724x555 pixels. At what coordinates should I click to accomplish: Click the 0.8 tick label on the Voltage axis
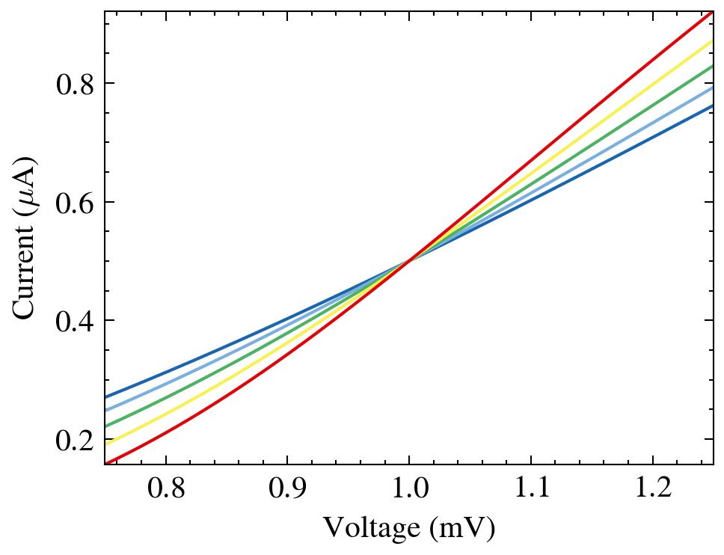(165, 490)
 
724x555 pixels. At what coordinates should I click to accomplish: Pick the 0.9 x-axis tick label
(287, 490)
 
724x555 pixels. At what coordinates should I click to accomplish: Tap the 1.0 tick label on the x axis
(409, 490)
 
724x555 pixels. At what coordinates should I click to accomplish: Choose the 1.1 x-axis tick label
(531, 490)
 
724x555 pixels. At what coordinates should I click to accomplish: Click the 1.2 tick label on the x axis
(652, 490)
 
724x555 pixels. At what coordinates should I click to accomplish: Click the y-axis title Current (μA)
(25, 238)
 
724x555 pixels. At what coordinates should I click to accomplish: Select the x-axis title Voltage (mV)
(409, 528)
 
